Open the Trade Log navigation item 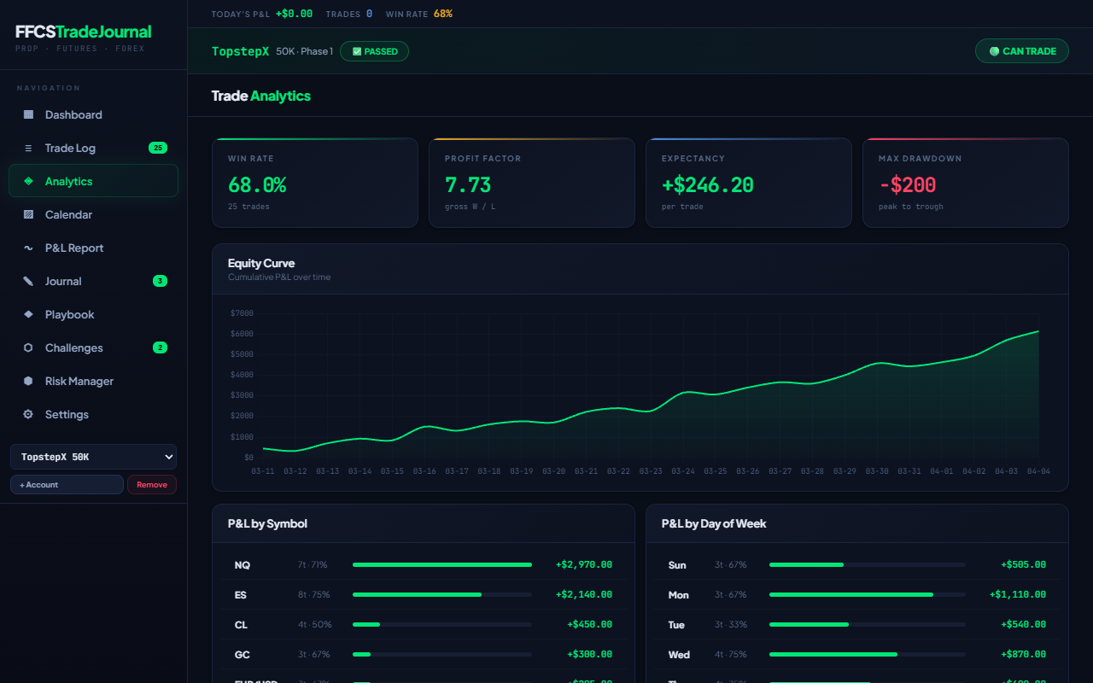pyautogui.click(x=70, y=149)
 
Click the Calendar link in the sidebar pyautogui.click(x=68, y=215)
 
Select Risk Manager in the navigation pyautogui.click(x=79, y=382)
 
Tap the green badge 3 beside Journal pyautogui.click(x=160, y=281)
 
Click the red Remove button pyautogui.click(x=152, y=485)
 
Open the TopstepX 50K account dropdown pyautogui.click(x=93, y=457)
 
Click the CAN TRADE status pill pyautogui.click(x=1022, y=51)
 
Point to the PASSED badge pyautogui.click(x=374, y=51)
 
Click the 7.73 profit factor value pyautogui.click(x=468, y=184)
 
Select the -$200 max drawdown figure pyautogui.click(x=907, y=184)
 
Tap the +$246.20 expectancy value pyautogui.click(x=707, y=184)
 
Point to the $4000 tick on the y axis pyautogui.click(x=242, y=375)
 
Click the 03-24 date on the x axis pyautogui.click(x=683, y=471)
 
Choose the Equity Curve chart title pyautogui.click(x=261, y=263)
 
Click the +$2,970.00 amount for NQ pyautogui.click(x=584, y=564)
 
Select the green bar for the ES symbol pyautogui.click(x=417, y=594)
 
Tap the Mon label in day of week pyautogui.click(x=678, y=595)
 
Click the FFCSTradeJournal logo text pyautogui.click(x=84, y=32)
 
